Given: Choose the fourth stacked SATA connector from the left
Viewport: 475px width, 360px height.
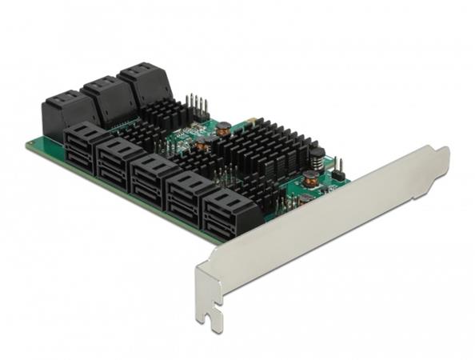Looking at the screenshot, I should coord(192,194).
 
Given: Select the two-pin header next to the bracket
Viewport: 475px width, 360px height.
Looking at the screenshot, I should coord(337,168).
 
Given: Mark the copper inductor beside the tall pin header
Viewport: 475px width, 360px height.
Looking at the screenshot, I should coord(223,126).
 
